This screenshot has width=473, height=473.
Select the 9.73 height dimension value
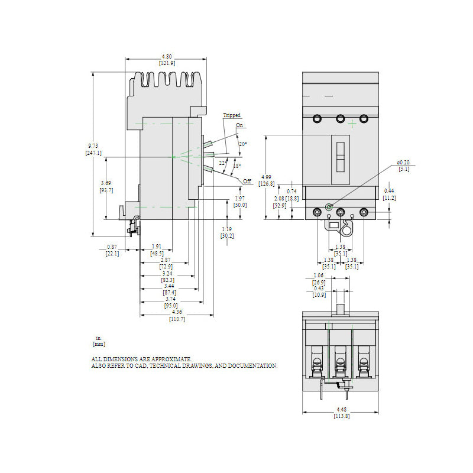[x=93, y=146]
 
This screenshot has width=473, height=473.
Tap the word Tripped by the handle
[x=232, y=115]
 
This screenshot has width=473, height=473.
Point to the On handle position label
[x=239, y=125]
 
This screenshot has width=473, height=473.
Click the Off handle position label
[x=247, y=180]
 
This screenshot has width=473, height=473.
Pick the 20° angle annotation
[x=242, y=144]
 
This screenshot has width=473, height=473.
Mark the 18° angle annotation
[x=237, y=166]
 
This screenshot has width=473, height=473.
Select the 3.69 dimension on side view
[x=106, y=183]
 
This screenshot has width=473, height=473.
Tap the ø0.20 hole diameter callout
[x=403, y=162]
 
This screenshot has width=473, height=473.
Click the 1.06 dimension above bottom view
[x=318, y=276]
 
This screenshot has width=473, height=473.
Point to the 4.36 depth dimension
[x=177, y=312]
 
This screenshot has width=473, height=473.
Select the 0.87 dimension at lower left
[x=112, y=247]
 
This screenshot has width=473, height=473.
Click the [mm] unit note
[x=99, y=344]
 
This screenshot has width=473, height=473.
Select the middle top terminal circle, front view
[x=341, y=118]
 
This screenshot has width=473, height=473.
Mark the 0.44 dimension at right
[x=389, y=190]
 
